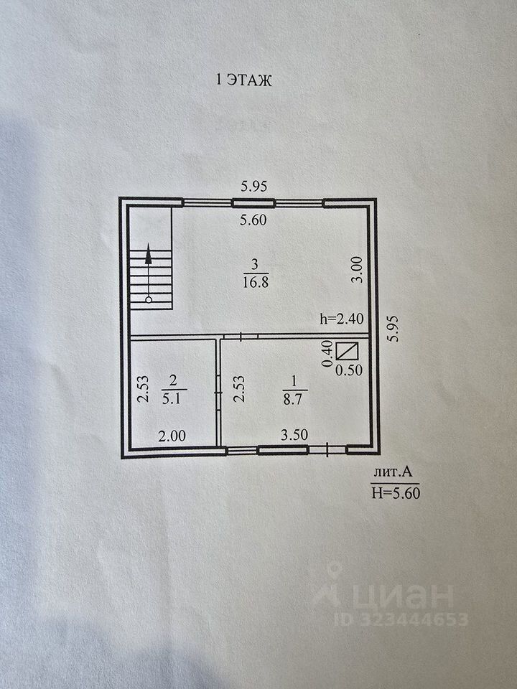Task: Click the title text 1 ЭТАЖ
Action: [x=244, y=81]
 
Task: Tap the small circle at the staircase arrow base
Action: [x=149, y=299]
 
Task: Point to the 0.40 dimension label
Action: [x=327, y=353]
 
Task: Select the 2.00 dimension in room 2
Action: [x=172, y=435]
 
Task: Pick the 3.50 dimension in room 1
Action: [x=293, y=435]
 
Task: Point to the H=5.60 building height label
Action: [x=394, y=492]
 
